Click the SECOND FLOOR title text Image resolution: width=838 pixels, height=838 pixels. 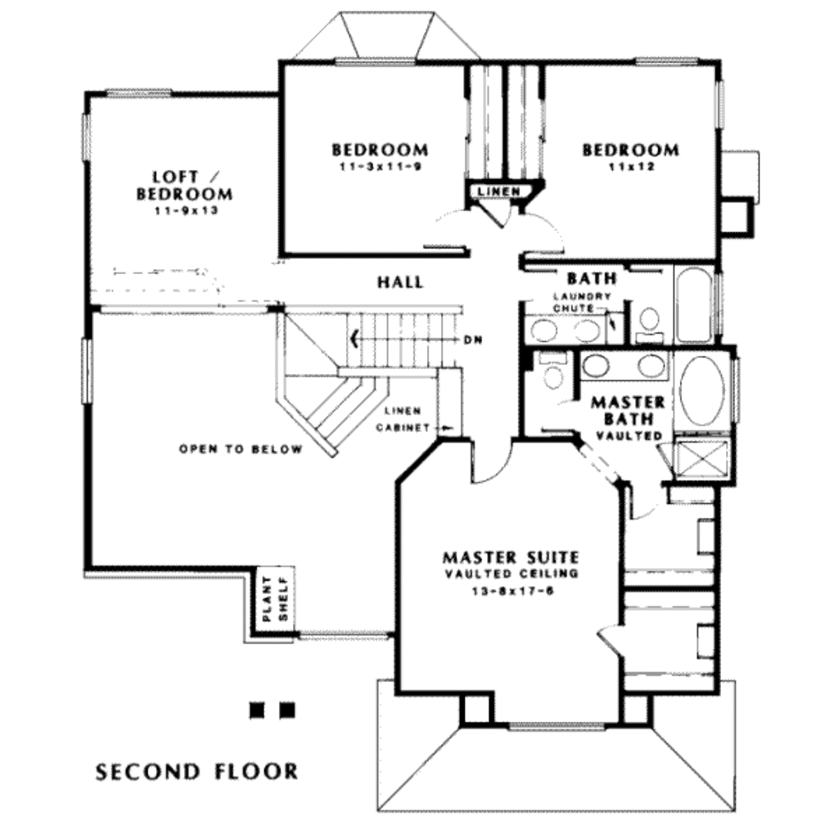(196, 771)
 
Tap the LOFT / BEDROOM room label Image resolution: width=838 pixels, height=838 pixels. (185, 185)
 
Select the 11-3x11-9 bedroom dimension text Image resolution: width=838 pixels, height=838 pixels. (379, 167)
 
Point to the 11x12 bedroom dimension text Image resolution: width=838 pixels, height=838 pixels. (630, 167)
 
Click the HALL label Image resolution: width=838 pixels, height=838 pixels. (400, 282)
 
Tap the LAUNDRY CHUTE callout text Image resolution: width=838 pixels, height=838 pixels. (581, 302)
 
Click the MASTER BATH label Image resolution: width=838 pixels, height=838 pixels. (628, 410)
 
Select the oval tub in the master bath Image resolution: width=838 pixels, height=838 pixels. (701, 390)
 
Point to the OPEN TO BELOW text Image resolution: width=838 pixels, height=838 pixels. (241, 449)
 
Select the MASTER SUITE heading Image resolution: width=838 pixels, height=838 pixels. (510, 557)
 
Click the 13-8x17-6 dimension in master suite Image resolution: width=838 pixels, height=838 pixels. (510, 592)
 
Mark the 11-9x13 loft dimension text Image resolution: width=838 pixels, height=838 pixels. (185, 210)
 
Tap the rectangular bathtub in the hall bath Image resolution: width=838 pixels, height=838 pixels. (693, 304)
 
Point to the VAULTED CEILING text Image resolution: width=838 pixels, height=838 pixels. (510, 574)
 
